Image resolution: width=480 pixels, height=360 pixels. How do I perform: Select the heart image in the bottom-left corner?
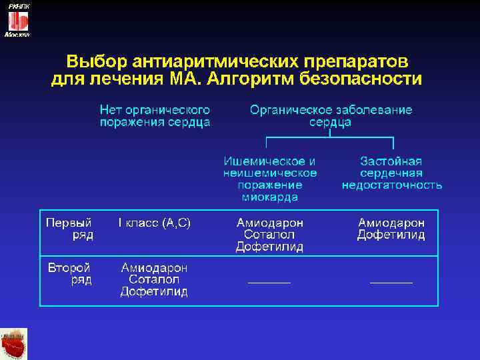[13, 343]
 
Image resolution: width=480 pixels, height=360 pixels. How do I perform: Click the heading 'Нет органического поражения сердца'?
[155, 116]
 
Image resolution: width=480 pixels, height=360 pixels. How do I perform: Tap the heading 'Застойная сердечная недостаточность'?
[391, 173]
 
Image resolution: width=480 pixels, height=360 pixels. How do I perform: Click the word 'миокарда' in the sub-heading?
[269, 197]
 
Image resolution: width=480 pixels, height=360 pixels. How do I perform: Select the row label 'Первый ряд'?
[69, 228]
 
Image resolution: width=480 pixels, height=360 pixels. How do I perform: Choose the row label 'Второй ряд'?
[69, 274]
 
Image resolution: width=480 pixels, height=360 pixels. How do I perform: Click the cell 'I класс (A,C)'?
[155, 223]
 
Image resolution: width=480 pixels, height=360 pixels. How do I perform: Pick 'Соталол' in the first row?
[269, 235]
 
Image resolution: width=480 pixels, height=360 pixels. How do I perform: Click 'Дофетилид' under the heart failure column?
[391, 235]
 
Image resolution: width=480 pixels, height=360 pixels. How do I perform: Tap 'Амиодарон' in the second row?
[154, 267]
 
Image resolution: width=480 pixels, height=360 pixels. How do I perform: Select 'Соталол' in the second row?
[154, 279]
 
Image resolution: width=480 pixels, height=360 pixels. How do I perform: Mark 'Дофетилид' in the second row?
[154, 291]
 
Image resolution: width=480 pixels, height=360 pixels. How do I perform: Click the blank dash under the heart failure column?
[391, 283]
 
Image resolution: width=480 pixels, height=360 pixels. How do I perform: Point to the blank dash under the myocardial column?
[269, 283]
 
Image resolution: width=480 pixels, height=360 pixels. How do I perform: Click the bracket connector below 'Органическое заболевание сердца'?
[330, 138]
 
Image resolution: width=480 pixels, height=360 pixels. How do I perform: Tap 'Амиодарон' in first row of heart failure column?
[391, 223]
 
